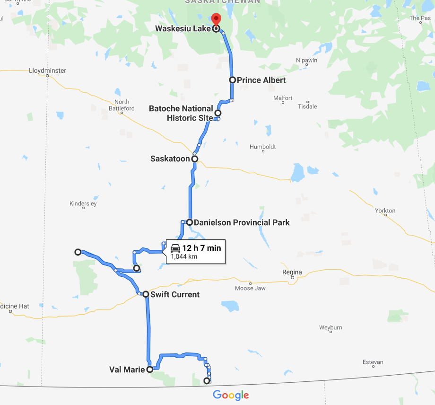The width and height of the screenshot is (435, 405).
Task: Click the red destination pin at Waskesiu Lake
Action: pos(216,20)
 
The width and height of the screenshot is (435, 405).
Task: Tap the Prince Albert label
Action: pos(261,80)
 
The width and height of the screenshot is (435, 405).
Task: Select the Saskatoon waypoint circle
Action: pos(194,159)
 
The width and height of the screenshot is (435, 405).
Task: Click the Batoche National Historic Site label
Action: pos(181,113)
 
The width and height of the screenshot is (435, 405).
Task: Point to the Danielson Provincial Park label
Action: pos(242,222)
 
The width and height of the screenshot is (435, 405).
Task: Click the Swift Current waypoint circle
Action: pos(146,294)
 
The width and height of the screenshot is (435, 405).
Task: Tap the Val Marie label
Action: pos(126,370)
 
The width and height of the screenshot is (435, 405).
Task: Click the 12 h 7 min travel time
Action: pos(201,247)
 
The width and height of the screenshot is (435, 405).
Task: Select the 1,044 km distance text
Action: pos(184,256)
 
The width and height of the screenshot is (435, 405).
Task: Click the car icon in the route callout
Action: pos(175,247)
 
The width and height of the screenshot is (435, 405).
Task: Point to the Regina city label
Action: pos(292,272)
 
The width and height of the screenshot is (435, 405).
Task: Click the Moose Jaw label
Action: pos(250,288)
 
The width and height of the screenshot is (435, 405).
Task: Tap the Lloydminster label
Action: pos(47,70)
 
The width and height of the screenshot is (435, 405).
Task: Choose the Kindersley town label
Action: pos(83,203)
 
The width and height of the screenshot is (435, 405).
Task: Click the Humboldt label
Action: pos(262,147)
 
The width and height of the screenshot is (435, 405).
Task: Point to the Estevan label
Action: pos(373,362)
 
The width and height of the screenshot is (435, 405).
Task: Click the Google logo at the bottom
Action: pos(231,395)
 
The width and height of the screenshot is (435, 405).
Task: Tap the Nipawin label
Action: pos(306,61)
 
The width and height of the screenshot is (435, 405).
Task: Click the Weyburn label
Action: pos(331,327)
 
